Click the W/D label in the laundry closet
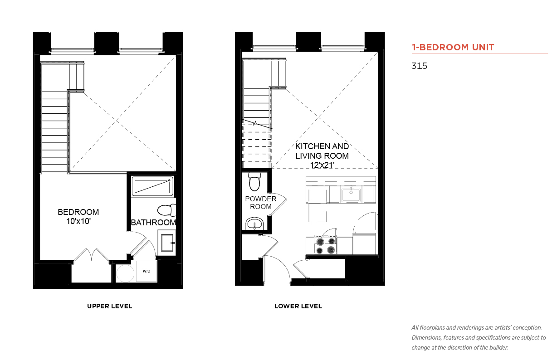coord(147,271)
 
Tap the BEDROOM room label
coord(78,212)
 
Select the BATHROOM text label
coord(153,223)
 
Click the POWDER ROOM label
coord(261,203)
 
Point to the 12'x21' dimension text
coord(322,165)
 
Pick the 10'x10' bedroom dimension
coord(78,221)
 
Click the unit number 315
coord(419,66)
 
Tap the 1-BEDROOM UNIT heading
coord(453,47)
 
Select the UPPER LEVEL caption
coord(109,306)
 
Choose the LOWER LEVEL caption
coord(298,306)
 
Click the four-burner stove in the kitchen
coord(326,245)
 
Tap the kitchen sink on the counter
coord(351,195)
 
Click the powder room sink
coord(254,224)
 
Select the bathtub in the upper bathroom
coord(152,186)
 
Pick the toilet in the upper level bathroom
coord(166,210)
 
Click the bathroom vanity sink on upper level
coord(167,243)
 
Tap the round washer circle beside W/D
coord(125,273)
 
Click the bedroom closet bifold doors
coord(92,255)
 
